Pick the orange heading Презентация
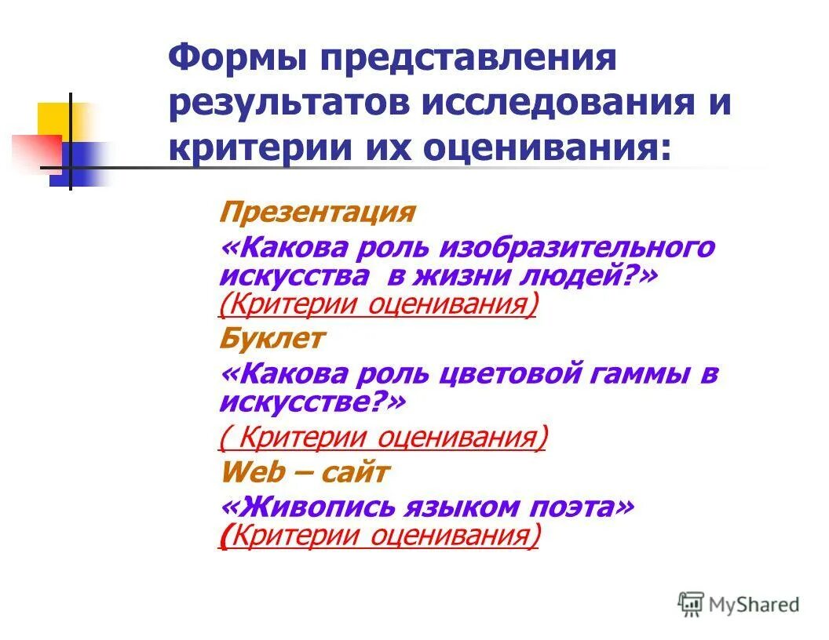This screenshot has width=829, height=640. coord(316,212)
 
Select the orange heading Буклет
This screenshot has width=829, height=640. coord(272,339)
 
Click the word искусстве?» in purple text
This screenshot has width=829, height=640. coord(312,403)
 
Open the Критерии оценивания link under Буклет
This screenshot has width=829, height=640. coord(382,438)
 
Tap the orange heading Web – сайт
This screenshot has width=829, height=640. coord(305,472)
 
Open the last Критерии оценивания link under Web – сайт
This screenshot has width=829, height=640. coord(380,536)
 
